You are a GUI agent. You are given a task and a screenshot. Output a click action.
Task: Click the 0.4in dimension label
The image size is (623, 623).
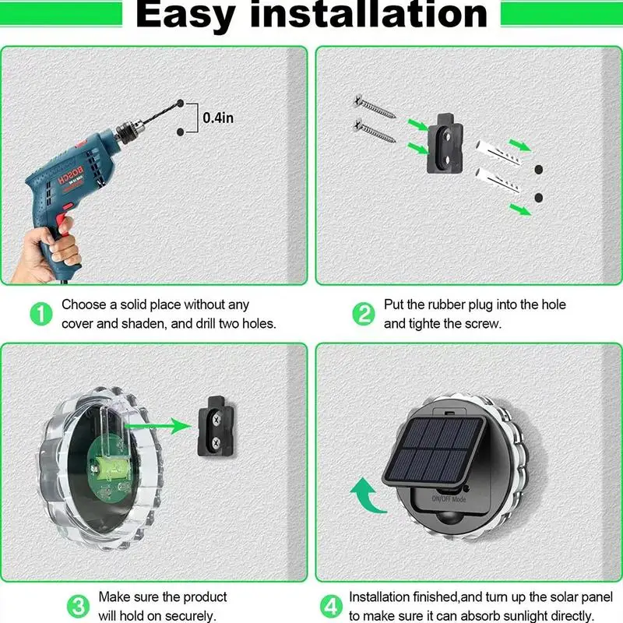click(x=218, y=118)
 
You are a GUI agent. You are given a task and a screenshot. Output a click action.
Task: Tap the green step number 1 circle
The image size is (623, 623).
click(x=41, y=314)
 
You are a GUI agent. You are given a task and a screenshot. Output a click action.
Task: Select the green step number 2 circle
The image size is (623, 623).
click(x=364, y=314)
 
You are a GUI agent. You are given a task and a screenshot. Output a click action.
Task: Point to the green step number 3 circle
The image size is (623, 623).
click(x=78, y=607)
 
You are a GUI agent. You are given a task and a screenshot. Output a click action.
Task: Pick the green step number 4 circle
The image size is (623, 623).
click(x=331, y=607)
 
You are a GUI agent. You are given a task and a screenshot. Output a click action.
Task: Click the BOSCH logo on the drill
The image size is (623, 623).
click(x=72, y=175)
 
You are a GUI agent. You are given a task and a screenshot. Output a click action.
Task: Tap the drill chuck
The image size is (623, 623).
click(x=129, y=132)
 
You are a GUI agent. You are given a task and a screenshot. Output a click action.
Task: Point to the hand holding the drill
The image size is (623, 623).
click(x=48, y=255)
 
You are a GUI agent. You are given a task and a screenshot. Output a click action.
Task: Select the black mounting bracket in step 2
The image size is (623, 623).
click(x=445, y=144)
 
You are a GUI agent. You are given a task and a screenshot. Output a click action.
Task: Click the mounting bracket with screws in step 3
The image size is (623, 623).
click(x=216, y=427)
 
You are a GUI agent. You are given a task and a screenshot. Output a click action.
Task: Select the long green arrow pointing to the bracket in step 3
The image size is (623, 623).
click(x=158, y=426)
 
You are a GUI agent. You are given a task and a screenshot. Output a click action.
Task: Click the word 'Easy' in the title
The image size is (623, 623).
click(x=185, y=15)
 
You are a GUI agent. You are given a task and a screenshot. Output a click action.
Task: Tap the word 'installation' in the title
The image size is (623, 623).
click(x=368, y=14)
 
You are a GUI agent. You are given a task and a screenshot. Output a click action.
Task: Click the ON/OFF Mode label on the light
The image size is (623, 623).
click(x=449, y=498)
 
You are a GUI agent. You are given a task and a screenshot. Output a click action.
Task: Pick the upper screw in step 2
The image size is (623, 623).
click(x=375, y=106)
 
